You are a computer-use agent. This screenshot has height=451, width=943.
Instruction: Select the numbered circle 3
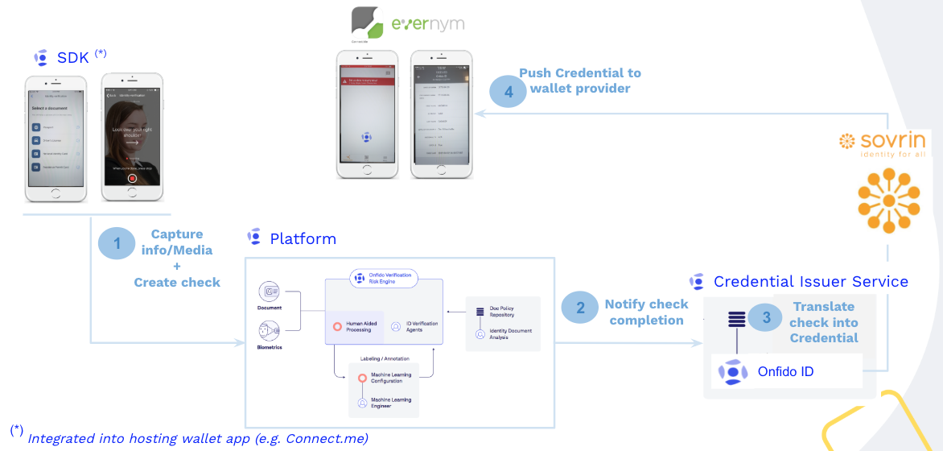[767, 318]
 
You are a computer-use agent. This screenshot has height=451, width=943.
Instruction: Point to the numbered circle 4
[509, 91]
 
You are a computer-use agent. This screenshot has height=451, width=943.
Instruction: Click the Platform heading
[303, 238]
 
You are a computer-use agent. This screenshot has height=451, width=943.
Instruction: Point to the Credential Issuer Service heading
[810, 282]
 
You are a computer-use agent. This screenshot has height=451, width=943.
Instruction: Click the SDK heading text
[72, 57]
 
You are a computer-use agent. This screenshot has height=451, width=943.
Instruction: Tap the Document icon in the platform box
[270, 292]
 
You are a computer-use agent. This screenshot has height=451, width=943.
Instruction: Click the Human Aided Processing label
[359, 327]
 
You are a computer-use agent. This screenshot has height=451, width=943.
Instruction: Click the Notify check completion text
[646, 312]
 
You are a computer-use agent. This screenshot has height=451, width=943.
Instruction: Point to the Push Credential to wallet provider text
[579, 81]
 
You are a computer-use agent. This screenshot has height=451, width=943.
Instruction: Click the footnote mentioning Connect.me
[197, 437]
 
